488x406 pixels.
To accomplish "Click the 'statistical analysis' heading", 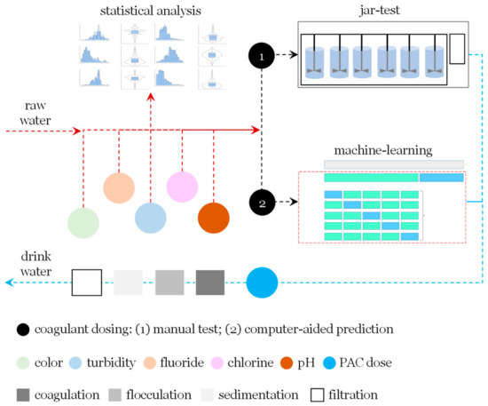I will pyautogui.click(x=149, y=11).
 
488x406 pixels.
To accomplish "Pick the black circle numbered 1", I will pyautogui.click(x=262, y=56).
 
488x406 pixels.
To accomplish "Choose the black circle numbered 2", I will pyautogui.click(x=262, y=203).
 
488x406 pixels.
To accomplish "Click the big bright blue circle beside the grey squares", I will pyautogui.click(x=263, y=283).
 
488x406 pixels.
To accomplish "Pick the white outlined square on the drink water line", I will pyautogui.click(x=86, y=283).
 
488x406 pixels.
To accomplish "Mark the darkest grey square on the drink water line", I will pyautogui.click(x=211, y=283).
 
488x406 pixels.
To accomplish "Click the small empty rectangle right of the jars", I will pyautogui.click(x=457, y=50).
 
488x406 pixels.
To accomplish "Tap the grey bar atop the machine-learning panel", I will pyautogui.click(x=394, y=164).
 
